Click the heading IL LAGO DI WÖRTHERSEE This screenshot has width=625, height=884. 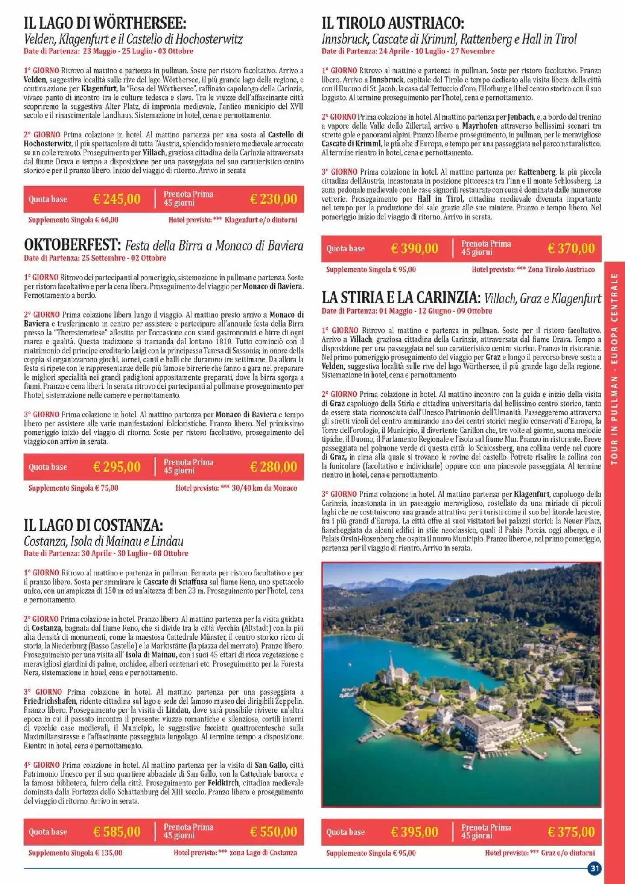[x=105, y=23]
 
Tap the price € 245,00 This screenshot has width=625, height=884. [x=117, y=199]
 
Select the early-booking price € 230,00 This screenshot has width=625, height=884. [x=273, y=199]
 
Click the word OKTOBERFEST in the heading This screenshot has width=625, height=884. [x=72, y=245]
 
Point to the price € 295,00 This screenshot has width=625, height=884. [x=117, y=467]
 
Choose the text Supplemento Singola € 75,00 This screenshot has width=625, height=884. [x=73, y=488]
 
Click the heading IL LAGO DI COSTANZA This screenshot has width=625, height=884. [x=93, y=526]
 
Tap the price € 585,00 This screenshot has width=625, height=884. [x=117, y=832]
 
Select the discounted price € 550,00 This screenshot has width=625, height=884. [x=273, y=832]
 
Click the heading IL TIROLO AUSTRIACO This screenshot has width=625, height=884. [x=393, y=23]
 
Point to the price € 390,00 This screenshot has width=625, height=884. [x=414, y=249]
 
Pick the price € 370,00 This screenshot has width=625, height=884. [x=571, y=249]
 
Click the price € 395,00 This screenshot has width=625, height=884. [x=414, y=832]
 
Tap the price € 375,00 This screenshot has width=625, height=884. [x=571, y=832]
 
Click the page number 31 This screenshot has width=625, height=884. [x=595, y=868]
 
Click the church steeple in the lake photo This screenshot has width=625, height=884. [x=391, y=663]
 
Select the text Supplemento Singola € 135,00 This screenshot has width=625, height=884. [x=75, y=853]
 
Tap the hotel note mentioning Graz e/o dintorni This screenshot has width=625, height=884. [x=540, y=853]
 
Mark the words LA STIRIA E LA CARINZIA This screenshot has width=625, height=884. [x=401, y=297]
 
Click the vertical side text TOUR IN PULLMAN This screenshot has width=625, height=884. [x=614, y=420]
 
